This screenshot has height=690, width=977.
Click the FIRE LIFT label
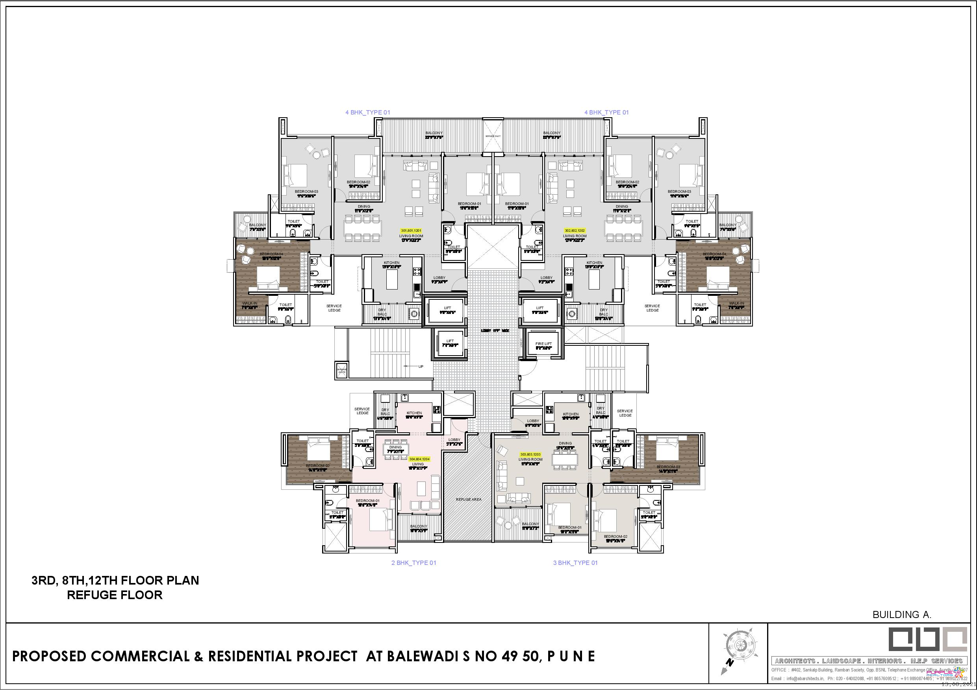point(543,343)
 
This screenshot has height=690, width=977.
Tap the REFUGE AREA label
point(469,499)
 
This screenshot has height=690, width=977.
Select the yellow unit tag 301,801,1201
point(411,231)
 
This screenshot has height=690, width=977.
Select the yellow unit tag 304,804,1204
point(419,459)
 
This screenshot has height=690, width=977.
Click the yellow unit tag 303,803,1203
point(530,454)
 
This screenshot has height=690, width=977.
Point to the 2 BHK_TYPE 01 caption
point(413,563)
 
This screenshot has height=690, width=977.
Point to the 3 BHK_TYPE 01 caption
point(575,563)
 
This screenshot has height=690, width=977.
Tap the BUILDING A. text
point(902,615)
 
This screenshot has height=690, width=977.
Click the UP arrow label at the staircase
point(421,367)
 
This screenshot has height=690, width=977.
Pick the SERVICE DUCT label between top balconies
point(493,136)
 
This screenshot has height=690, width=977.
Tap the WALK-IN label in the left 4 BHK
point(249,304)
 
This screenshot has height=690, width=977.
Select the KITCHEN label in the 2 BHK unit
point(414,413)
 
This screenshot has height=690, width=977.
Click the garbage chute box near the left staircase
point(341,370)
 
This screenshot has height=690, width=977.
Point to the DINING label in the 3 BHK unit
point(565,443)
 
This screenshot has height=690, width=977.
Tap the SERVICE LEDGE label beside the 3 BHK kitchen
point(625,413)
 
